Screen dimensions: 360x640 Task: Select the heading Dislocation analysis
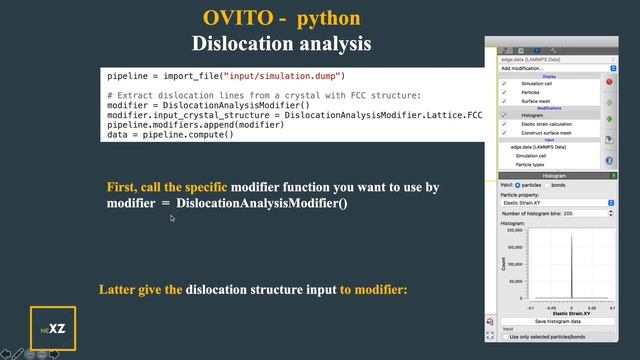point(281,44)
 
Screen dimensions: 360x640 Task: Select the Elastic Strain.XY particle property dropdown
point(557,202)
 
